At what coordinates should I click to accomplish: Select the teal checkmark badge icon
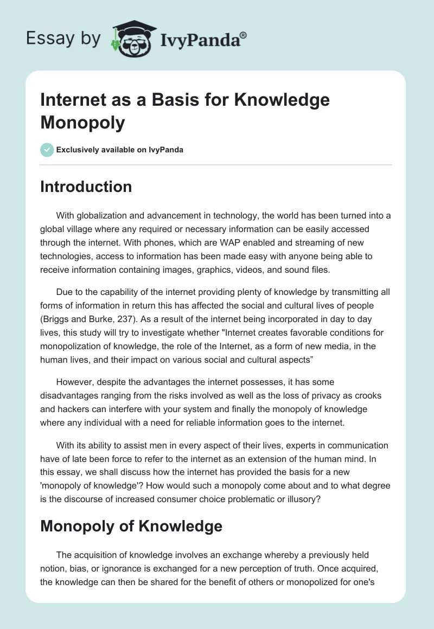tap(47, 150)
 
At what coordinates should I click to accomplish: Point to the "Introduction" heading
tap(86, 187)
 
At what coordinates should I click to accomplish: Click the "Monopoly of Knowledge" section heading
tap(131, 526)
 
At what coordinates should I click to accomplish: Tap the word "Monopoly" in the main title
tap(83, 123)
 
